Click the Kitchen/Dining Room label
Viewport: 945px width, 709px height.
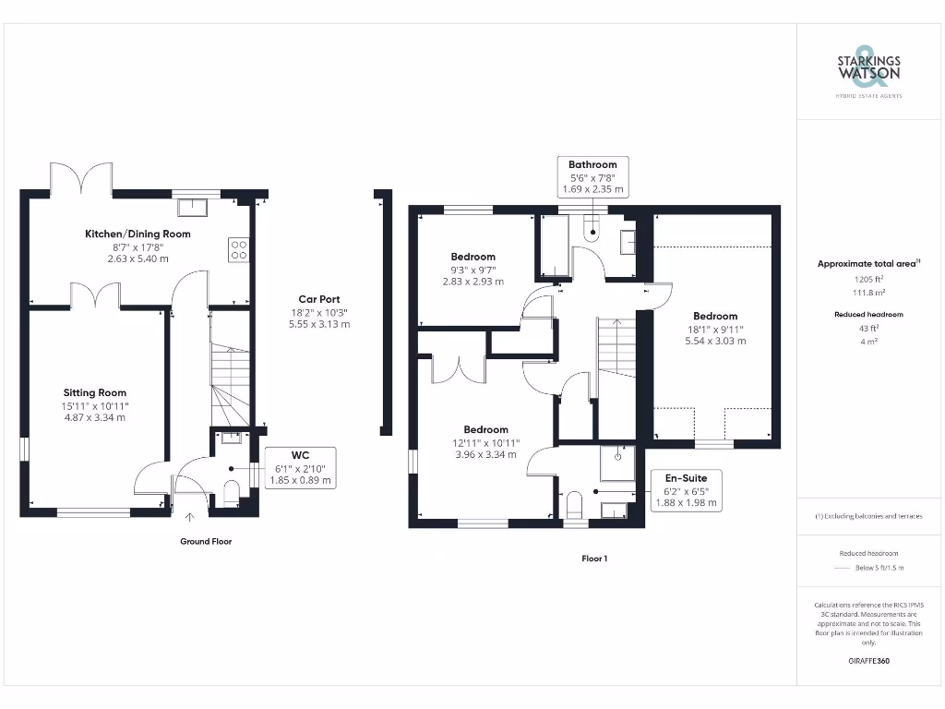point(138,234)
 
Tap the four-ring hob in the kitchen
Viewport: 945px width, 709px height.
point(239,249)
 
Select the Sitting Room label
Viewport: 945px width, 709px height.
point(95,392)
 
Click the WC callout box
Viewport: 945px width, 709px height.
point(300,468)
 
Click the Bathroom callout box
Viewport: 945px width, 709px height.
point(592,176)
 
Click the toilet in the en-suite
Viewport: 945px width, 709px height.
point(574,505)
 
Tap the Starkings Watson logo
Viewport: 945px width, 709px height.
point(868,68)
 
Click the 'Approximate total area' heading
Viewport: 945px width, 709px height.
point(867,264)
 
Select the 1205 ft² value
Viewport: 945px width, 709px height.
point(868,278)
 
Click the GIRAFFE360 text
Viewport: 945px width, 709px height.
point(868,661)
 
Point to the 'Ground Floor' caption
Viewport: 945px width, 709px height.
point(206,542)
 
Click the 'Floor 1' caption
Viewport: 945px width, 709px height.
point(593,559)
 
